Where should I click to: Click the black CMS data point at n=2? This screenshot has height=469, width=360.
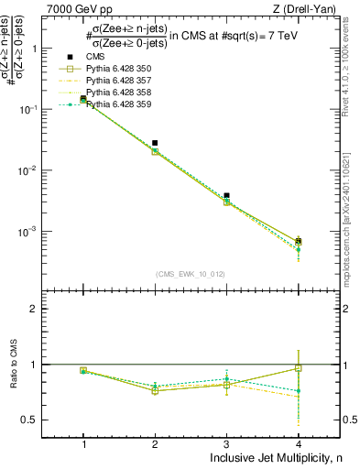coord(155,143)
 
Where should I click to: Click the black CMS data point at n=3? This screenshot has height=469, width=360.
coord(226,195)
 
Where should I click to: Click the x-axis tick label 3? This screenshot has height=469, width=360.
coord(226,442)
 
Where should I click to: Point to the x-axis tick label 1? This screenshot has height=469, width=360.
coord(83,442)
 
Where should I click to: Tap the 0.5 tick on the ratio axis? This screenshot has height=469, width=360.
coord(38,420)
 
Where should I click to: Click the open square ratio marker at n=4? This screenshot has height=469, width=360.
coord(298,368)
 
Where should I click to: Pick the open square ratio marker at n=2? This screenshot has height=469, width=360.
coord(155,391)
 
